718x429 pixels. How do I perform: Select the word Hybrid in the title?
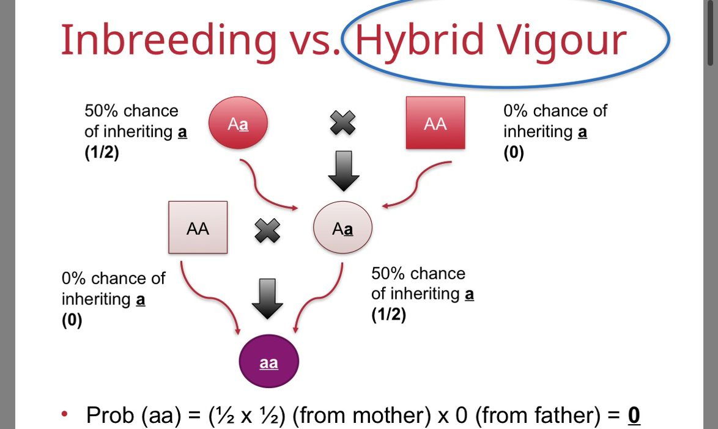click(414, 40)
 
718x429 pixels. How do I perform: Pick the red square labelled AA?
click(435, 123)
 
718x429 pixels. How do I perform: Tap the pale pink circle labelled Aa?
click(342, 229)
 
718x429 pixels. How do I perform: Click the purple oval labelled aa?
click(268, 362)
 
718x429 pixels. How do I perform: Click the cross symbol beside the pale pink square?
click(267, 230)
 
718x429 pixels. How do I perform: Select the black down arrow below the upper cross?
click(343, 171)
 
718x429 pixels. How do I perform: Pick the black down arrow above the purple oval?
click(267, 298)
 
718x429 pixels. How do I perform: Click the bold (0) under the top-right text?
click(514, 153)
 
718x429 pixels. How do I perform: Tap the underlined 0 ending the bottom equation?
click(634, 416)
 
